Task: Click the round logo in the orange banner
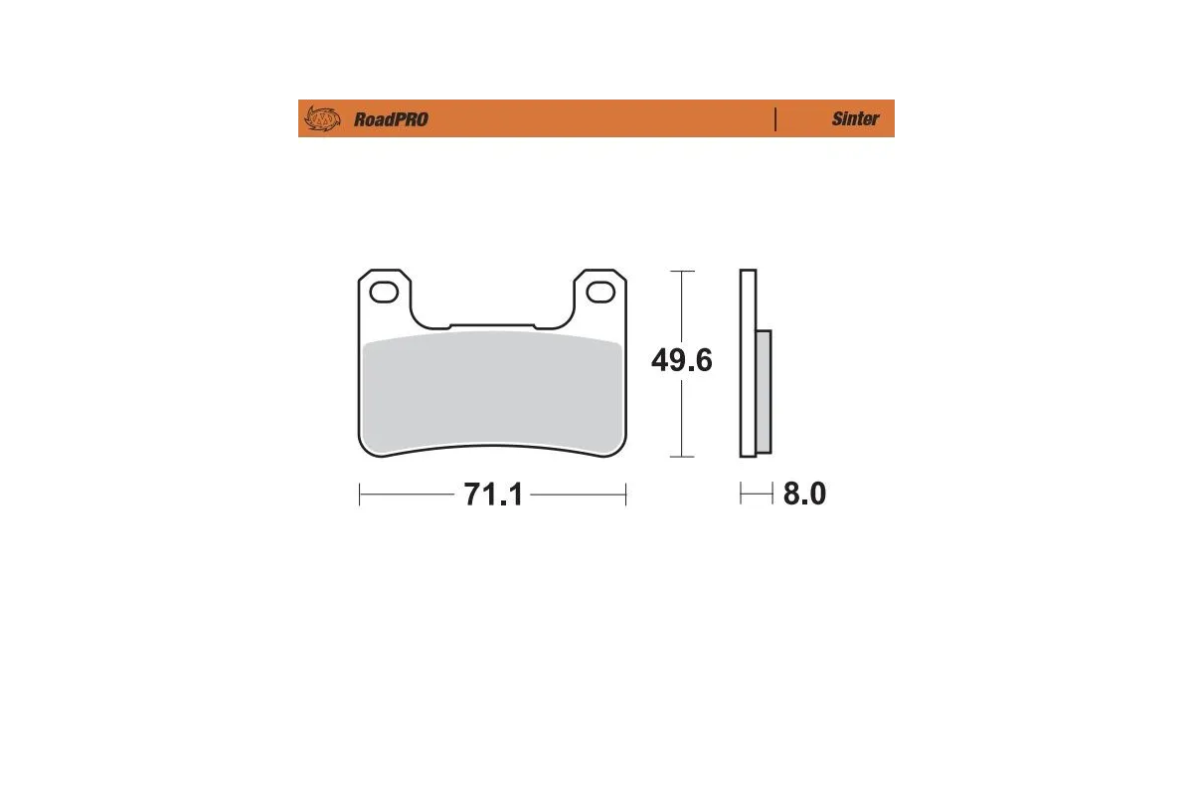point(321,118)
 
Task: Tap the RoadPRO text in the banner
point(391,119)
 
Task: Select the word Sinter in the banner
point(855,118)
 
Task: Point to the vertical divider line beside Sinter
point(775,118)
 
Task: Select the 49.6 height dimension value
point(681,360)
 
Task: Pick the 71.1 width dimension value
point(492,495)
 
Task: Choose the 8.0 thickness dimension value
point(804,494)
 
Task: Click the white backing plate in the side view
point(748,363)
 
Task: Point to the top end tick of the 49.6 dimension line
point(681,271)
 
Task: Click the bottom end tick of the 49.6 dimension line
point(681,457)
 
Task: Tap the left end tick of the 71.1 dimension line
point(359,495)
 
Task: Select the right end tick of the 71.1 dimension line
point(625,495)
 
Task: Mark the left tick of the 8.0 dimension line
point(741,494)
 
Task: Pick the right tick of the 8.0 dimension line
point(771,494)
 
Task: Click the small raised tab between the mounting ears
point(492,324)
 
